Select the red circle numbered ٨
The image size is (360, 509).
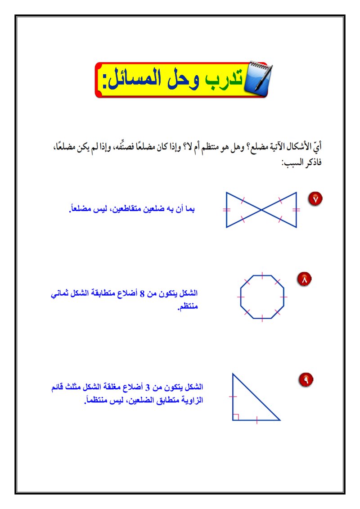tap(304, 279)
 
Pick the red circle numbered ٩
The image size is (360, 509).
tap(306, 380)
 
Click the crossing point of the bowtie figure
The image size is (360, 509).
tap(261, 210)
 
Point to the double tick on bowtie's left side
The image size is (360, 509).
tap(226, 210)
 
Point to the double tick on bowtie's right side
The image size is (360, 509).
tap(296, 210)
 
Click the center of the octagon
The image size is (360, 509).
tap(262, 297)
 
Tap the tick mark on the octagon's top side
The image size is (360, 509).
tap(262, 275)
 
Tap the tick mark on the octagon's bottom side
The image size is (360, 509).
tap(262, 318)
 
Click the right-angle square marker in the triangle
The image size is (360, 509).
tap(235, 417)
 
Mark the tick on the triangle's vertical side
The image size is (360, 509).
tap(233, 396)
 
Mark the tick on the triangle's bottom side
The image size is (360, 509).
tap(256, 420)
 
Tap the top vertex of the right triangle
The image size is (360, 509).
tap(233, 373)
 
